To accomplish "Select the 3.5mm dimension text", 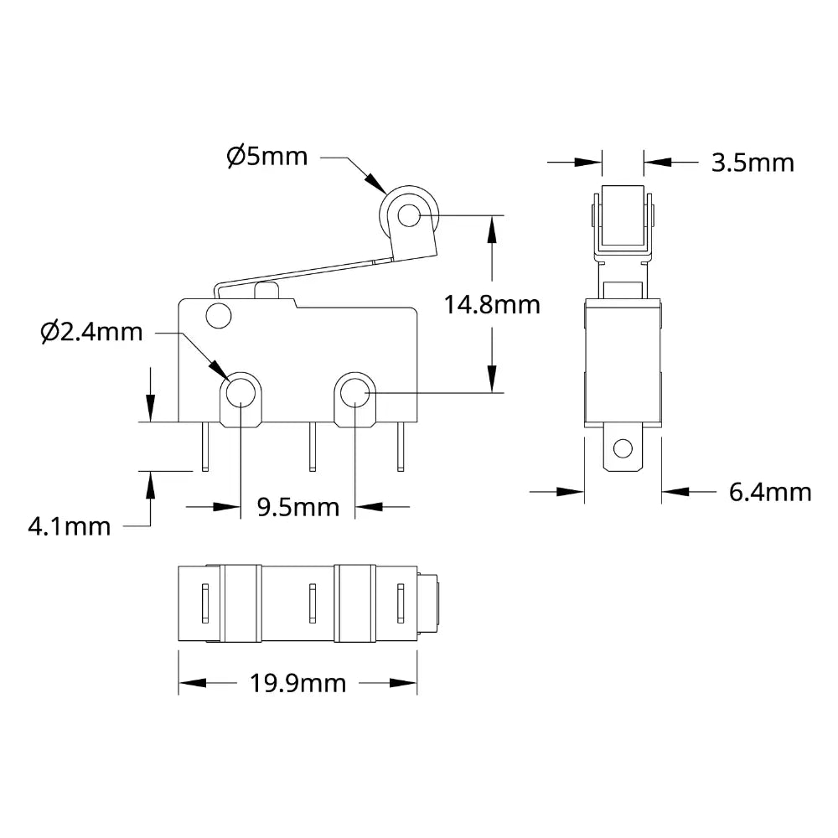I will pos(752,162).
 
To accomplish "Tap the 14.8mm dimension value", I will pos(492,304).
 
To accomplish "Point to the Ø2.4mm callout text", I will pos(91,332).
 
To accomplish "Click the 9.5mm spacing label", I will pos(298,506).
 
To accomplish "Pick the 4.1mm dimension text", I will pos(69,526).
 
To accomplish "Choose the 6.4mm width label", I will pos(769,492).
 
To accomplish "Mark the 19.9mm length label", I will pos(297,684).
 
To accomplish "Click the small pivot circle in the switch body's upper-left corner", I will pos(218,317).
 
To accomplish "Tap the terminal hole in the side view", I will pos(622,449).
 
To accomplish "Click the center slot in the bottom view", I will pos(312,603).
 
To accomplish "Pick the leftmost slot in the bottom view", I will pos(204,603).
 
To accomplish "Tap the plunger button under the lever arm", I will pos(266,291).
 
